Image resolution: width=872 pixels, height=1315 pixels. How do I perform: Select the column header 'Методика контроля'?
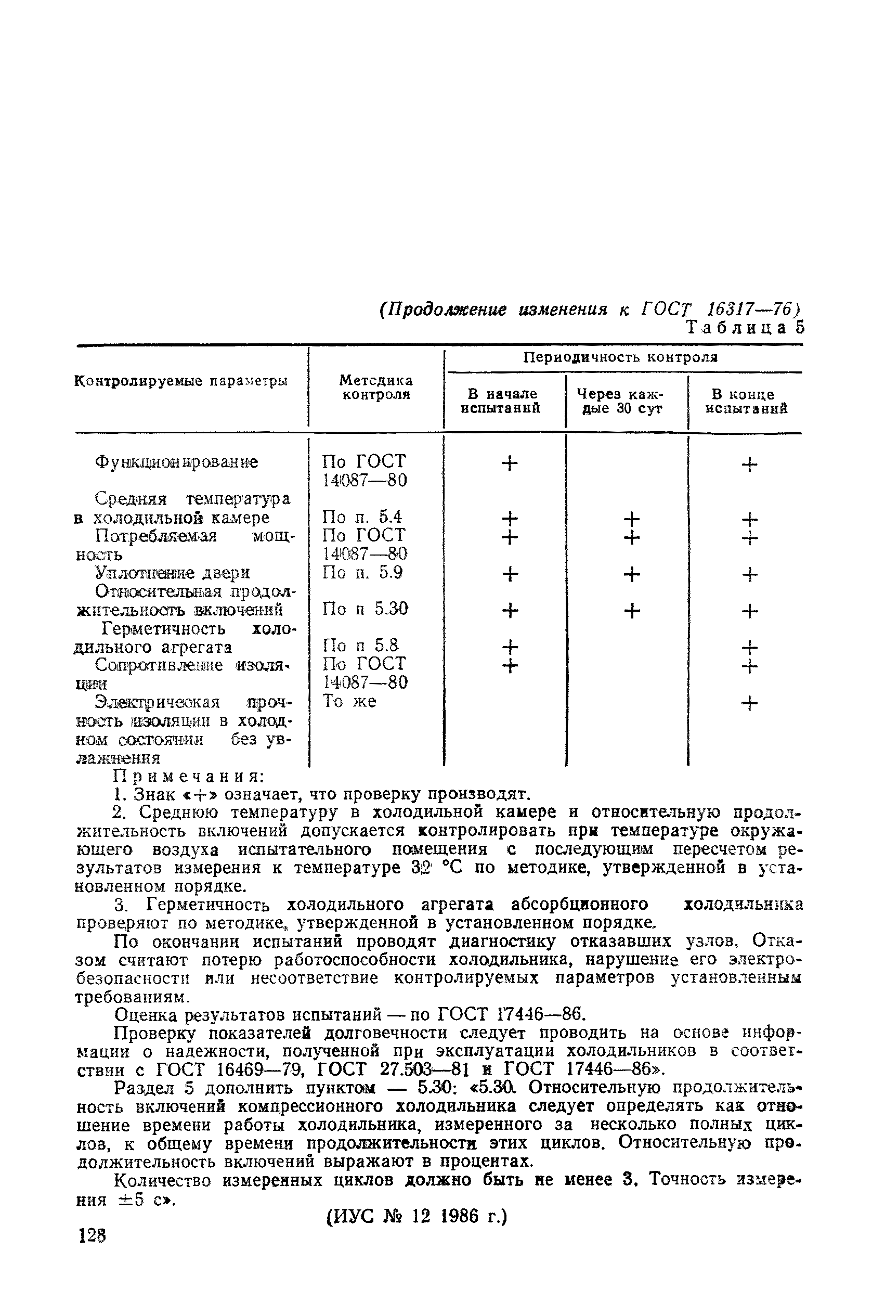click(376, 387)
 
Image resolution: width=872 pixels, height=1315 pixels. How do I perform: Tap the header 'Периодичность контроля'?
click(621, 357)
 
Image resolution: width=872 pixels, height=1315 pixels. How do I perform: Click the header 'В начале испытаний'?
click(503, 401)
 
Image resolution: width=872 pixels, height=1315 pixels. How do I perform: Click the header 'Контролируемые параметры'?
click(181, 381)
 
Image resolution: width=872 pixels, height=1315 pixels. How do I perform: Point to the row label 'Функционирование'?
click(176, 462)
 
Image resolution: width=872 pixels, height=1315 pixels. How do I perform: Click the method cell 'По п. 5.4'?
click(361, 518)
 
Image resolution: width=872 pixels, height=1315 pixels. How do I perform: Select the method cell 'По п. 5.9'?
click(362, 572)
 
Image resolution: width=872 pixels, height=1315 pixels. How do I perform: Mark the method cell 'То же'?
click(349, 701)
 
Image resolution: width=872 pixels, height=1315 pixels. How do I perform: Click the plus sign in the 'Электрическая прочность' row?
click(749, 704)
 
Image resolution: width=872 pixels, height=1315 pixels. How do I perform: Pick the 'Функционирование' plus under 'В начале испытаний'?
click(510, 463)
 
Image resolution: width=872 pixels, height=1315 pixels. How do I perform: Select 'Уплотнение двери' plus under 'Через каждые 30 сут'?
click(631, 574)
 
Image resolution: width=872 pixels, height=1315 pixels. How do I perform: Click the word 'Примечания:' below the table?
click(189, 776)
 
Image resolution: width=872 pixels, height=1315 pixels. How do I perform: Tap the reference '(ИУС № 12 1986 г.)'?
click(417, 1217)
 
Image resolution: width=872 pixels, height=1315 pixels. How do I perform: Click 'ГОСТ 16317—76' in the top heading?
click(720, 309)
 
